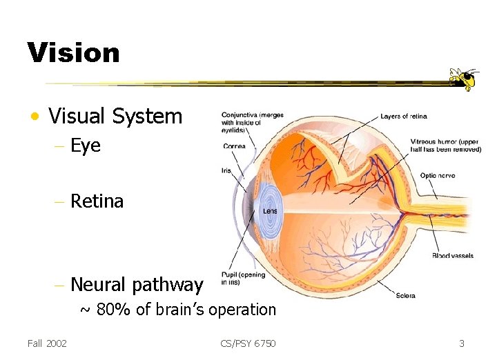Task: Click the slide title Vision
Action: click(x=73, y=53)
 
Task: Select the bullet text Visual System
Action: click(x=115, y=117)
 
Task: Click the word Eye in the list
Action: click(x=86, y=146)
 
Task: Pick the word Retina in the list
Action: click(x=97, y=201)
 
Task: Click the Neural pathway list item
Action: click(x=137, y=284)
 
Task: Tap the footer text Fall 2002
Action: click(x=47, y=343)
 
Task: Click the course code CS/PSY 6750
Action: click(x=248, y=343)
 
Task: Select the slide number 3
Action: click(x=462, y=343)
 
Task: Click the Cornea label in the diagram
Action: click(x=234, y=146)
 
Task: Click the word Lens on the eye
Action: click(x=271, y=211)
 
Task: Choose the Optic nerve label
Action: click(x=438, y=176)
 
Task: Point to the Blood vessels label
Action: click(x=452, y=256)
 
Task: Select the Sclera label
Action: click(x=406, y=296)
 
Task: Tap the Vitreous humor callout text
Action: click(x=445, y=145)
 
